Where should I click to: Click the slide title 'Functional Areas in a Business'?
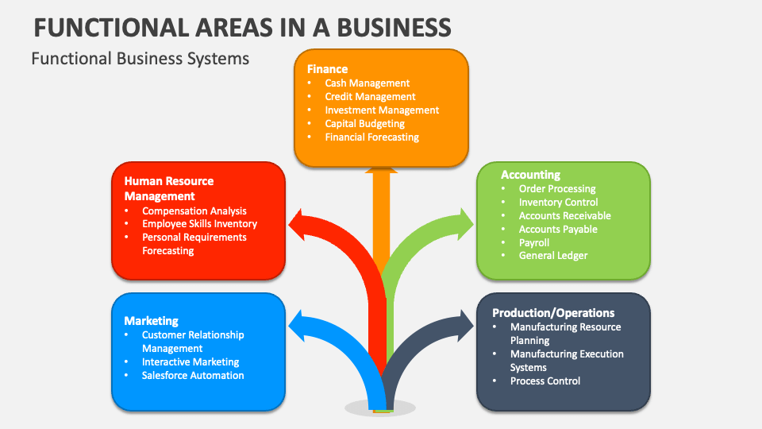pos(243,27)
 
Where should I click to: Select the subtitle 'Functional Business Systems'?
pos(140,59)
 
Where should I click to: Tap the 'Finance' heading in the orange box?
pos(327,69)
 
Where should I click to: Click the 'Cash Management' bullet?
pos(367,83)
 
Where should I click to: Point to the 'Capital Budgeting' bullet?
pos(364,123)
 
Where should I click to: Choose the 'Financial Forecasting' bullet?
pos(371,137)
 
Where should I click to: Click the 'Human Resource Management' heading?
pos(168,188)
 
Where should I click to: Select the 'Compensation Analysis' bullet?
pos(194,211)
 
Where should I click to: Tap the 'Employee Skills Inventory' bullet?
pos(199,224)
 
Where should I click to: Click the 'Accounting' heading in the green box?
pos(530,175)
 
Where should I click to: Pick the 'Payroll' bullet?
pos(533,242)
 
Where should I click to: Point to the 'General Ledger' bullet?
pos(553,256)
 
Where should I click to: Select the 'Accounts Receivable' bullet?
pos(564,215)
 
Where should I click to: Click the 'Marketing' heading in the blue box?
pos(151,321)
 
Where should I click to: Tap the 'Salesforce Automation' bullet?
pos(193,375)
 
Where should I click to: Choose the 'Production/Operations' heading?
pos(553,313)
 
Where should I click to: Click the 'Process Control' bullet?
pos(545,381)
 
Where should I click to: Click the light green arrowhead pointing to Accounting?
pos(464,221)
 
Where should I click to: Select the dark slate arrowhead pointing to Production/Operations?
pos(464,324)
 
